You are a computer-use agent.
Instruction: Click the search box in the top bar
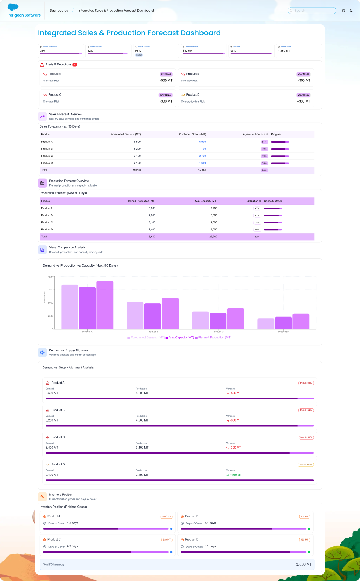tap(312, 11)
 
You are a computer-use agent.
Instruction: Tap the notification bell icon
tap(351, 11)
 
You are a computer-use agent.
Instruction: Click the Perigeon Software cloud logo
tap(13, 7)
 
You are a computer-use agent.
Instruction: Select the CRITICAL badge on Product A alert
tap(166, 74)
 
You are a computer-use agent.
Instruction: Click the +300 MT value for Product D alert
tap(303, 102)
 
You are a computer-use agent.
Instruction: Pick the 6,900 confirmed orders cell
tap(202, 142)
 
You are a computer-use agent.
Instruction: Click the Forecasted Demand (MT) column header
tap(126, 135)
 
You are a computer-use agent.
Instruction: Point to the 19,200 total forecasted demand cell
tap(137, 170)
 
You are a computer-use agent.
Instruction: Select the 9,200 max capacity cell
tap(214, 208)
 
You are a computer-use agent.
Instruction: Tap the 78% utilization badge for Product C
tap(257, 223)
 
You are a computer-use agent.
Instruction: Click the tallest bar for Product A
tap(105, 305)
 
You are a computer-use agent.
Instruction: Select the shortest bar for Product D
tap(266, 324)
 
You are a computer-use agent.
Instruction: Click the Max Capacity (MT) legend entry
tap(180, 338)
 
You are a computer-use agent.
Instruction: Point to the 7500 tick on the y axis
tap(50, 290)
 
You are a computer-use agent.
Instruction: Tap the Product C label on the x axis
tap(218, 332)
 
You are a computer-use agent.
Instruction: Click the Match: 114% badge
tap(306, 465)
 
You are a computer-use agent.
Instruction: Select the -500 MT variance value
tap(236, 393)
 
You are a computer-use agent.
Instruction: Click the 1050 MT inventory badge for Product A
tap(167, 517)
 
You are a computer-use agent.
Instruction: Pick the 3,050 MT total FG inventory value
tap(304, 564)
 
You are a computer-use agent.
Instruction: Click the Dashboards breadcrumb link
tap(59, 11)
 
